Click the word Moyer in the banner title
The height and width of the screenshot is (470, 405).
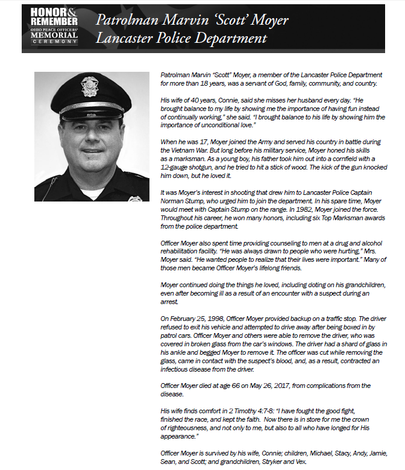(x=269, y=21)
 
